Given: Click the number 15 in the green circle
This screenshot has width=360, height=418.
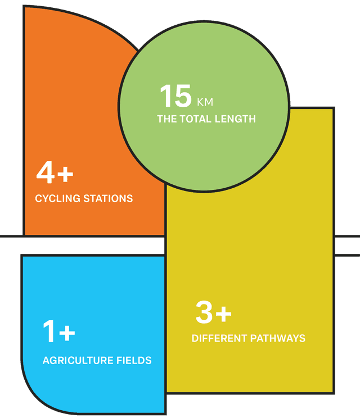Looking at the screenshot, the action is [176, 96].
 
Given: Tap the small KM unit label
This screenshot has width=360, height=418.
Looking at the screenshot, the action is [205, 102].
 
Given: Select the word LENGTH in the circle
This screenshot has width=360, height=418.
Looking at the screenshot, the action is [235, 119].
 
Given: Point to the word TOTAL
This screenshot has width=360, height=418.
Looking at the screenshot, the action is [196, 119].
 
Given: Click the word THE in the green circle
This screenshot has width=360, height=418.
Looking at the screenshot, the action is [167, 119].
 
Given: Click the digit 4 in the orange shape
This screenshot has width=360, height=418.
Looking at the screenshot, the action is [46, 172].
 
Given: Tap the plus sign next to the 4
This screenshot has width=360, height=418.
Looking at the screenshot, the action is [65, 174].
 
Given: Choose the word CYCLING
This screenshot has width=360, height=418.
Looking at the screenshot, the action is [57, 198].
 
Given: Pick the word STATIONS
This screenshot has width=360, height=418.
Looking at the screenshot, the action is [108, 198].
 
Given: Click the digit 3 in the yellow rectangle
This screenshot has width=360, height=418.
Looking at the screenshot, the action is [204, 312].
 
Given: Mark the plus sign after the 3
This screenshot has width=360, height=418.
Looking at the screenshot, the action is [223, 313].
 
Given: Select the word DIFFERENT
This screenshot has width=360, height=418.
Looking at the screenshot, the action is [219, 338].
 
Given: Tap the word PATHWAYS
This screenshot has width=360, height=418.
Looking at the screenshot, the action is [277, 338].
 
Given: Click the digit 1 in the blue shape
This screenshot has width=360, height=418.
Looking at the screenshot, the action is [49, 331].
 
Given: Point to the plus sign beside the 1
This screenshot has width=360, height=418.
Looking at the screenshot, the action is [67, 333].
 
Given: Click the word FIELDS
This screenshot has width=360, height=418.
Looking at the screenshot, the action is [130, 361].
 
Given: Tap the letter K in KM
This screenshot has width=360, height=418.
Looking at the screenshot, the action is [200, 102].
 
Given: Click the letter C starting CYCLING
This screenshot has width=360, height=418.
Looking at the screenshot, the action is [39, 198].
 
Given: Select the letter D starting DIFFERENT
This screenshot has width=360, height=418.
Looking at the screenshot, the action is [195, 338].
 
